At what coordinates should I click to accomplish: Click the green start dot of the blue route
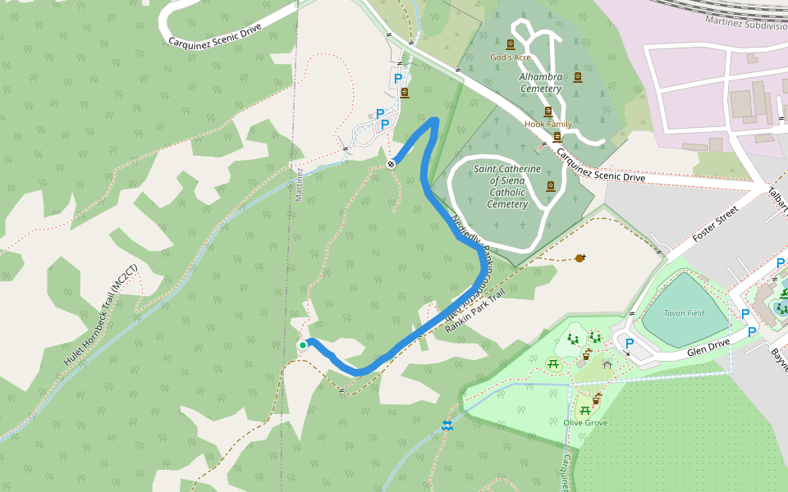[x=303, y=345]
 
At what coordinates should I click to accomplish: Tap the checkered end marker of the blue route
[x=392, y=164]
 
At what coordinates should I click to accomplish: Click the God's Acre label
[x=511, y=57]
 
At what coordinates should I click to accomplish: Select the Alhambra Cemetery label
[x=540, y=83]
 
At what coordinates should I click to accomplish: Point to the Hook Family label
[x=547, y=124]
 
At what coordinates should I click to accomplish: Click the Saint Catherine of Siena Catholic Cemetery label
[x=507, y=186]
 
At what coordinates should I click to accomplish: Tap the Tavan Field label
[x=685, y=313]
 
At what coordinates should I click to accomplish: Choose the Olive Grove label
[x=585, y=422]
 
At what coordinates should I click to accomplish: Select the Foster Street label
[x=715, y=224]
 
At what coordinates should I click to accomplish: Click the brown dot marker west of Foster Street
[x=580, y=258]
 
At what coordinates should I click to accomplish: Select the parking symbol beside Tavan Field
[x=630, y=344]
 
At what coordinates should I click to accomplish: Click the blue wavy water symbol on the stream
[x=447, y=425]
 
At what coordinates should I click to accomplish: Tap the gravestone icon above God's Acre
[x=511, y=44]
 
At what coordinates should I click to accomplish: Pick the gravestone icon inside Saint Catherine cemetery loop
[x=550, y=186]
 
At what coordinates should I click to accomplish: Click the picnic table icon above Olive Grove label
[x=584, y=410]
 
